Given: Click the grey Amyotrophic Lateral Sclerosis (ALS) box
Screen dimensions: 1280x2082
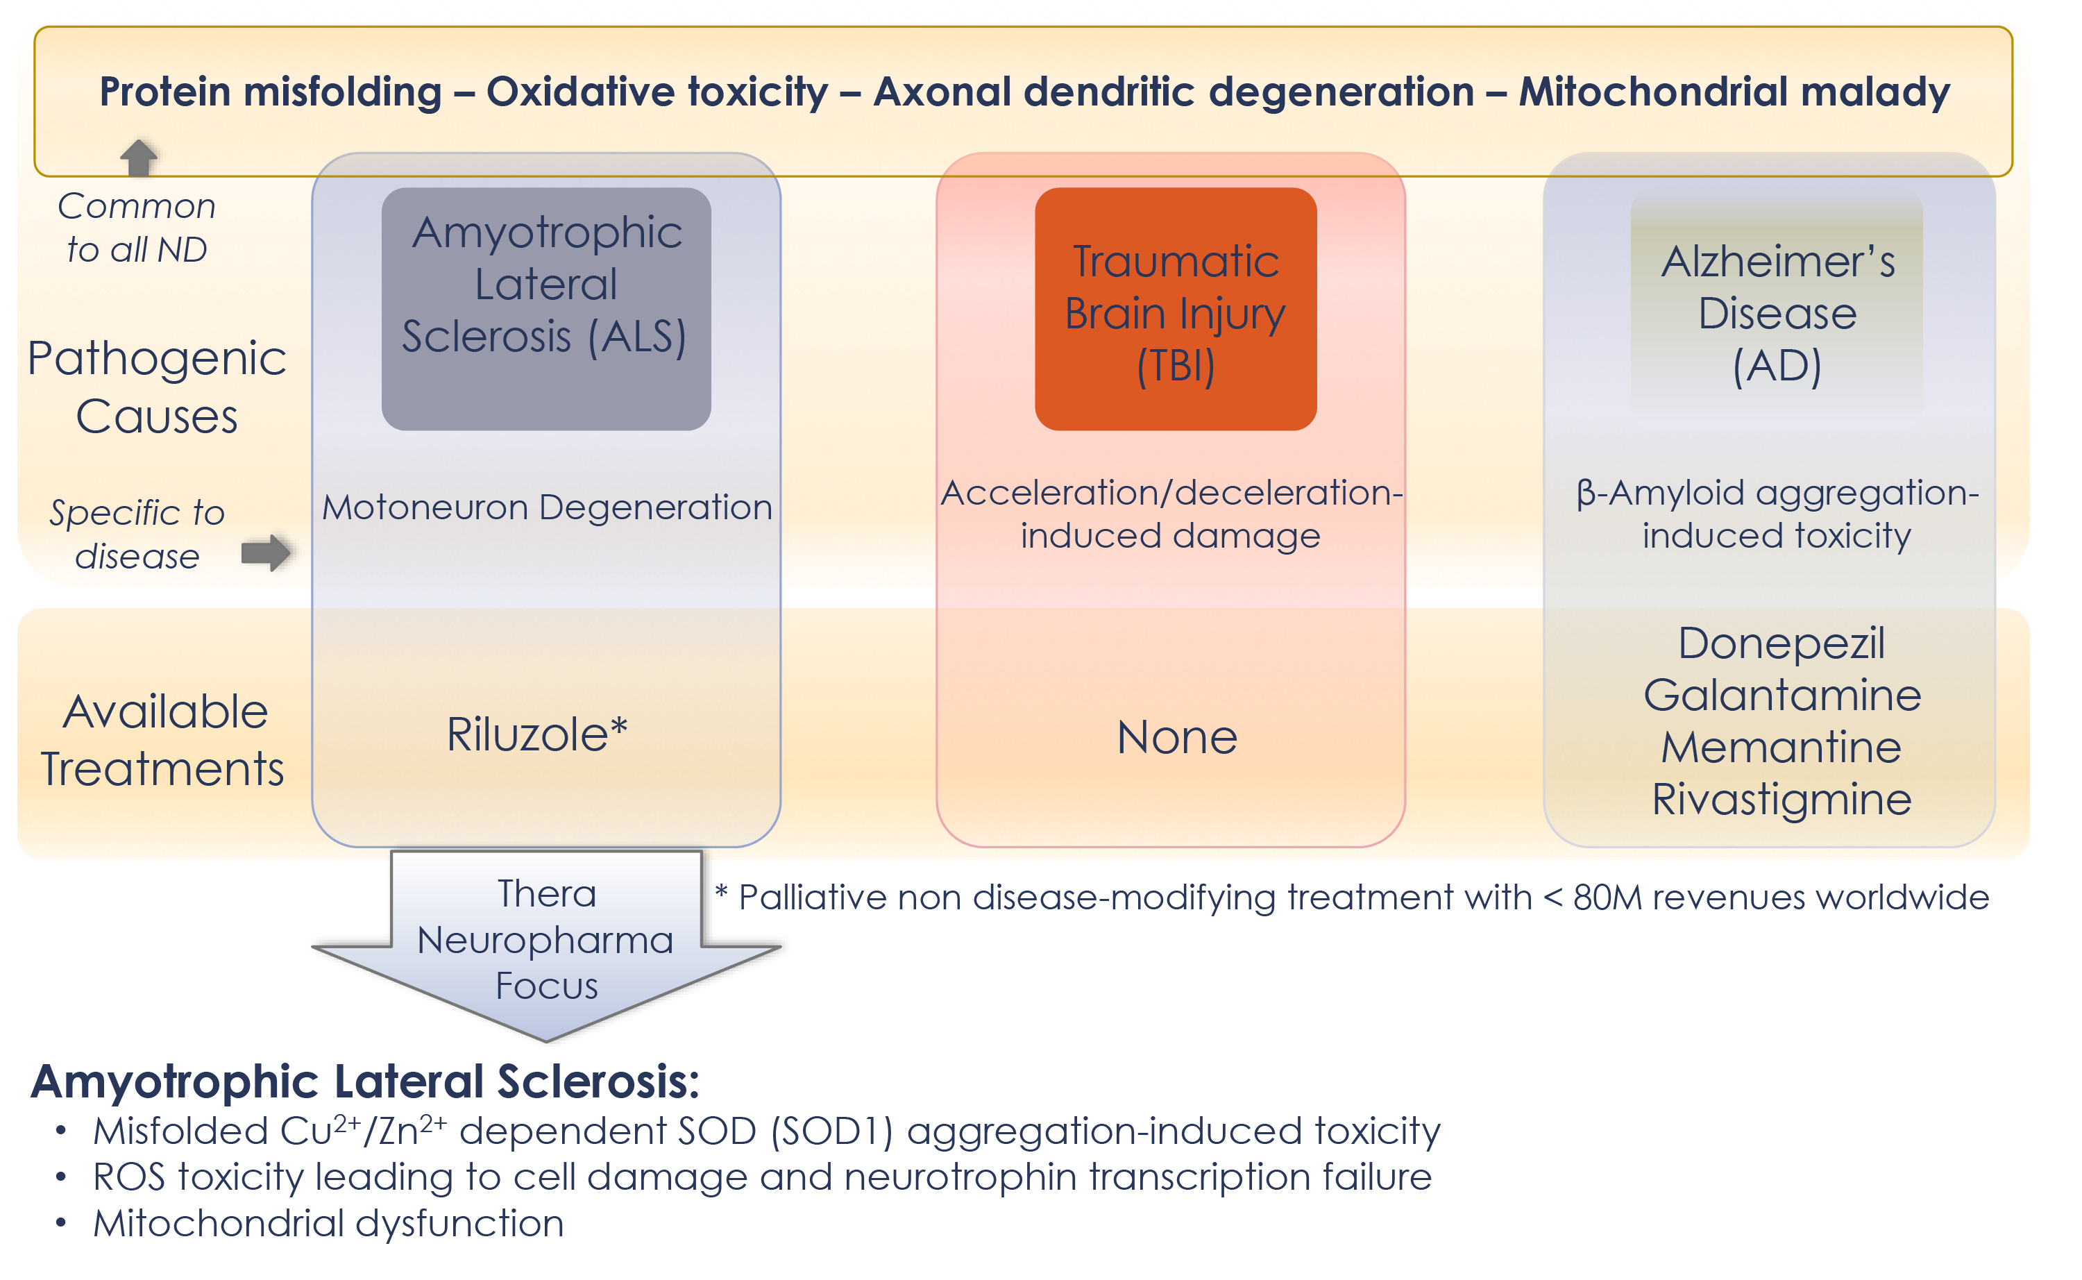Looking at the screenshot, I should pyautogui.click(x=546, y=309).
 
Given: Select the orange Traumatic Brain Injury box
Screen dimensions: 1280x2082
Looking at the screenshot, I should pyautogui.click(x=1176, y=309).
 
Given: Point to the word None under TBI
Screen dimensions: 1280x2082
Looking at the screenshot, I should pyautogui.click(x=1176, y=737).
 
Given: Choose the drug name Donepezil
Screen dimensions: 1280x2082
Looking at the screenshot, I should pyautogui.click(x=1781, y=643).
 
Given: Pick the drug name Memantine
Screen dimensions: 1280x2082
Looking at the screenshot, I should pyautogui.click(x=1781, y=748).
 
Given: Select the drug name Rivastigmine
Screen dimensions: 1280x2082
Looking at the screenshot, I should pyautogui.click(x=1781, y=800).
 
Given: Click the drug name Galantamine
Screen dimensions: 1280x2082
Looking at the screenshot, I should pyautogui.click(x=1781, y=696).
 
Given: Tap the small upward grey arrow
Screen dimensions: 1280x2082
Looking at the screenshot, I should pyautogui.click(x=139, y=158).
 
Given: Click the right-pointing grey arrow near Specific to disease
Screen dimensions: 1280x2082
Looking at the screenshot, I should pyautogui.click(x=266, y=553).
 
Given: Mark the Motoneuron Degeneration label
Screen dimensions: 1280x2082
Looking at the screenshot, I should pyautogui.click(x=547, y=508).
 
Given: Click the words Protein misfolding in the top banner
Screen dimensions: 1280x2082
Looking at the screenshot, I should pyautogui.click(x=271, y=92).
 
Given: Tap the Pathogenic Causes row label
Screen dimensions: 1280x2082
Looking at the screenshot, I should pyautogui.click(x=157, y=387).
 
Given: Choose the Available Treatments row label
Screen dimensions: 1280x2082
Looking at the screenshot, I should pyautogui.click(x=162, y=741).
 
